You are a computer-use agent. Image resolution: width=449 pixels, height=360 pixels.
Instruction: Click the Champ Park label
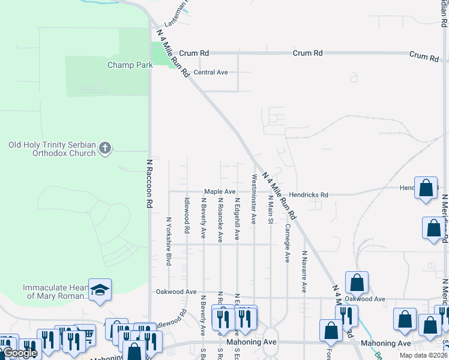click(130, 65)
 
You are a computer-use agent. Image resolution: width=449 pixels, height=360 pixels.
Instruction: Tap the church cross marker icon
click(105, 148)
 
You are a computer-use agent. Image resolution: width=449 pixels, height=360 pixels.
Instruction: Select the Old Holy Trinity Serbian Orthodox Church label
click(52, 149)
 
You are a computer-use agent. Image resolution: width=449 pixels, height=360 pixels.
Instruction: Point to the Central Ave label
click(211, 73)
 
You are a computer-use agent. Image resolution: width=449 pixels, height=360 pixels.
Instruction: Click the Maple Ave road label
click(220, 191)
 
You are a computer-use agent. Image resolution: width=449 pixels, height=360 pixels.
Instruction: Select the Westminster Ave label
click(254, 199)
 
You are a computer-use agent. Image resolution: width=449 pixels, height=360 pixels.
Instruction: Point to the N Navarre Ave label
click(304, 272)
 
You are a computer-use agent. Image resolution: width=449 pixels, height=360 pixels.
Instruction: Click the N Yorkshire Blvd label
click(169, 241)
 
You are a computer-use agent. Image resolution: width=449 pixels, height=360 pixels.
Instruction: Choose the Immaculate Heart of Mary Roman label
click(56, 292)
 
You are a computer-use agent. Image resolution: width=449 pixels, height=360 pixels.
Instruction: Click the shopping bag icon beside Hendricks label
click(426, 188)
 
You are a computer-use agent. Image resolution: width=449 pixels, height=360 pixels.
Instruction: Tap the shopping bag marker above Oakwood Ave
click(357, 282)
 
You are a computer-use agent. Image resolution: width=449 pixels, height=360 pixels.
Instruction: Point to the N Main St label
click(271, 209)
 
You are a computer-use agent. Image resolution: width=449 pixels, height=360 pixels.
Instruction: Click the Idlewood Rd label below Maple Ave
click(187, 216)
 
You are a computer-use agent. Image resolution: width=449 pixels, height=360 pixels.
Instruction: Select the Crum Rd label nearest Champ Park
click(193, 53)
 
